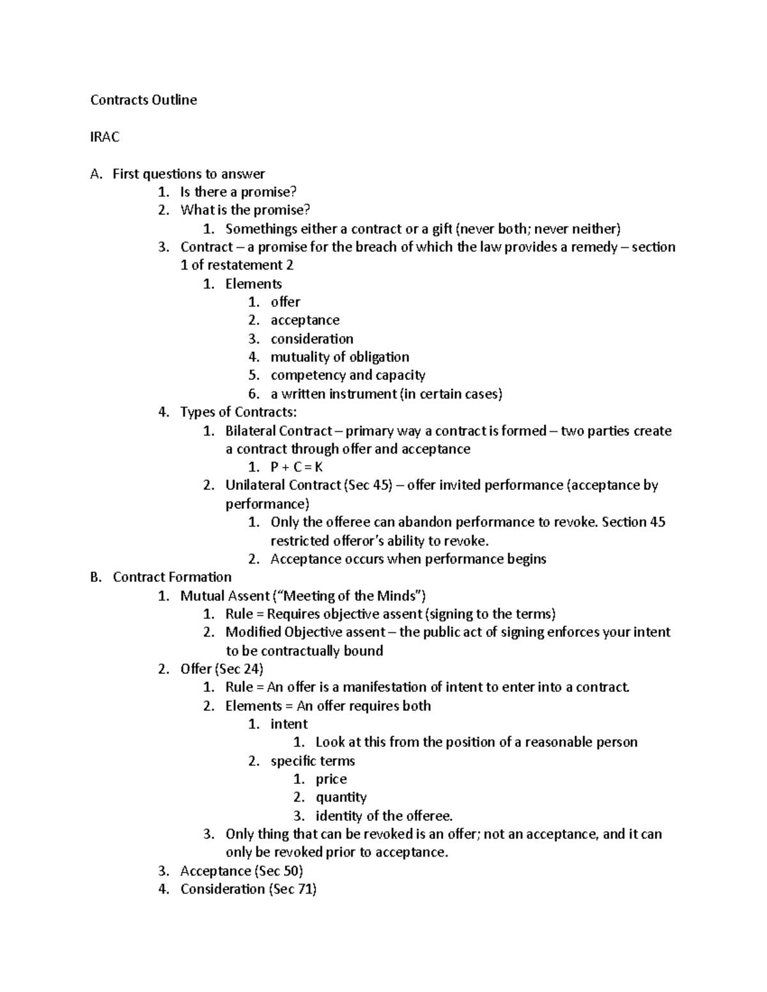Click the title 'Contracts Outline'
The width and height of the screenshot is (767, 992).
click(x=143, y=100)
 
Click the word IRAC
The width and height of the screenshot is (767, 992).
click(x=105, y=137)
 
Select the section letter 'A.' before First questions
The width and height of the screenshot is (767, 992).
click(x=96, y=174)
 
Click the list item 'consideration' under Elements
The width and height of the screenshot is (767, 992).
click(x=311, y=339)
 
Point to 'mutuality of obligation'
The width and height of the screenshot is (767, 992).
click(x=339, y=357)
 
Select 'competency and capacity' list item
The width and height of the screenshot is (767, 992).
click(x=348, y=376)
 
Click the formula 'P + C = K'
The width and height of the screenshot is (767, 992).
click(x=297, y=467)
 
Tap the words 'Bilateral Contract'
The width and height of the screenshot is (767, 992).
click(x=279, y=431)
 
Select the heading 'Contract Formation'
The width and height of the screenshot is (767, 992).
click(x=172, y=577)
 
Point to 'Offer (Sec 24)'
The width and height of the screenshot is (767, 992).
click(x=222, y=669)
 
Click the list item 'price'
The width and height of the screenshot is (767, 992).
click(x=331, y=779)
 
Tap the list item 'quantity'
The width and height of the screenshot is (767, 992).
click(x=341, y=797)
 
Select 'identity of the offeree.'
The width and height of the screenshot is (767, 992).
click(x=383, y=816)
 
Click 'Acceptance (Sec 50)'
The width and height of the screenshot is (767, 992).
click(x=241, y=871)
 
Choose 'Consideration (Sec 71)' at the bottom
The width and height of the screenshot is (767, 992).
click(x=248, y=889)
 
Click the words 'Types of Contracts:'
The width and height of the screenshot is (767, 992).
click(x=238, y=412)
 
